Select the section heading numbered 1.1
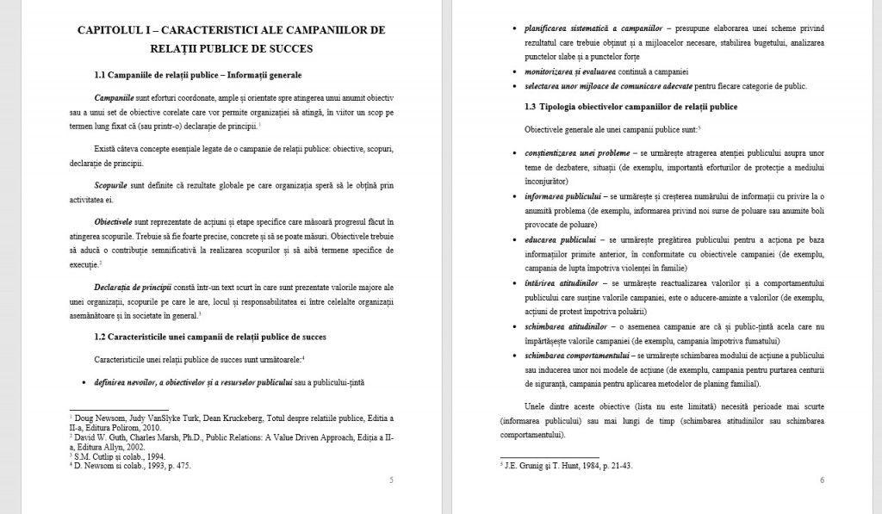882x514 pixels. [198, 75]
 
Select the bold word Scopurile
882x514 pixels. [111, 185]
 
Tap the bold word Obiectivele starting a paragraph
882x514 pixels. [115, 221]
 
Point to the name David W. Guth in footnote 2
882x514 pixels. [101, 437]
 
